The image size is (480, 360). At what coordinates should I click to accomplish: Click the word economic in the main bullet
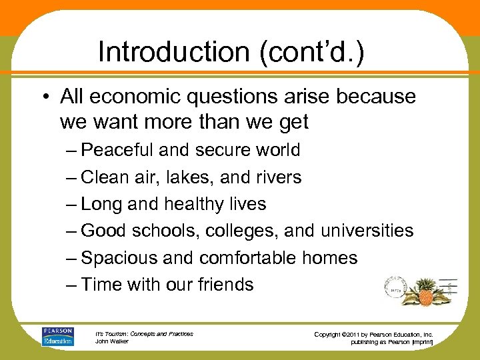coord(133,97)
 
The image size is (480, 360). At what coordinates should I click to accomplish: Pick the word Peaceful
coord(119,150)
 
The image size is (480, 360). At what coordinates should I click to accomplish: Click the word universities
coord(367,231)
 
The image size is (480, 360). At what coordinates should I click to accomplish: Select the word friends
coord(225,285)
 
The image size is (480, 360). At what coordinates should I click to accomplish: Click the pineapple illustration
coord(424,285)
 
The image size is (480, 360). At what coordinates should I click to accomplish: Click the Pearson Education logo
coord(58,336)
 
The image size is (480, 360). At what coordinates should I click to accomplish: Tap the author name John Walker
coord(112,341)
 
